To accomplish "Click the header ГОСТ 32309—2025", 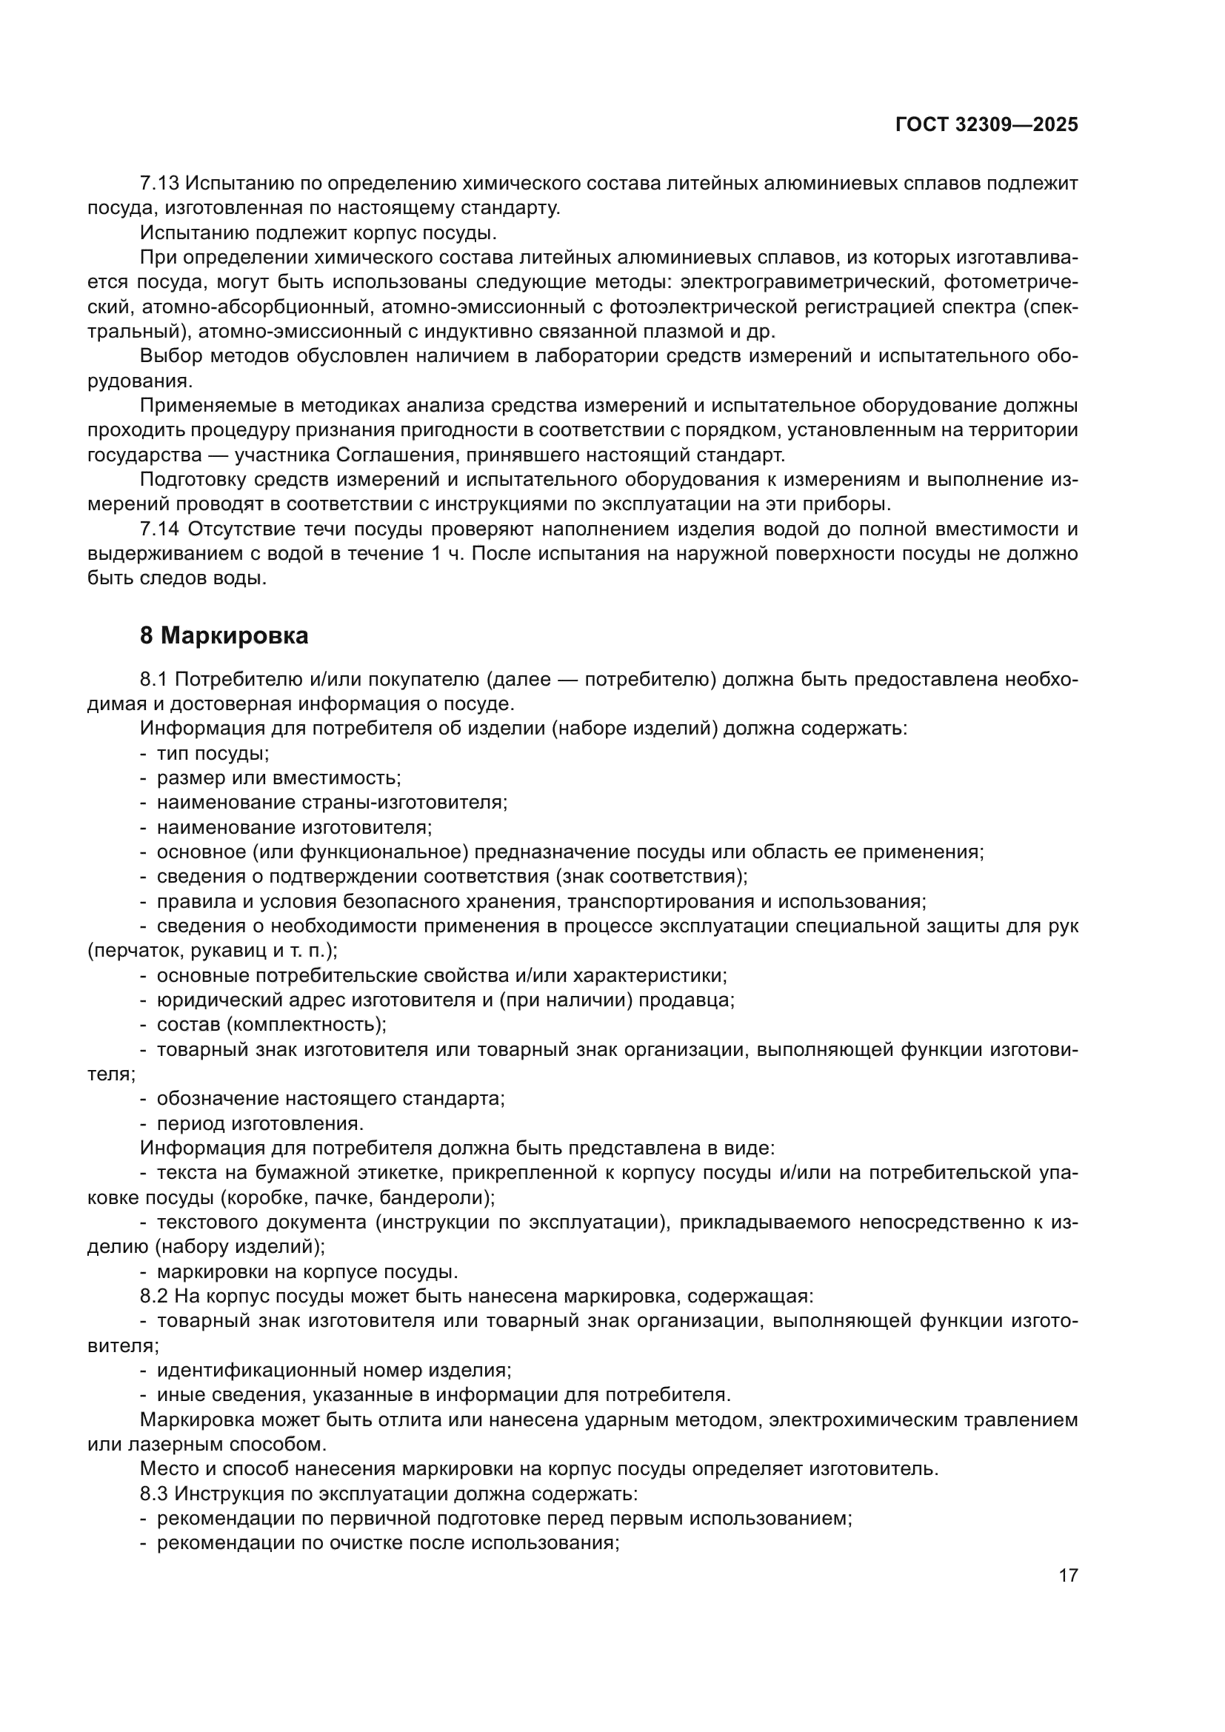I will (987, 125).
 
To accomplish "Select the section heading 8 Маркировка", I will (224, 636).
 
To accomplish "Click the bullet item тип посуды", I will (213, 753).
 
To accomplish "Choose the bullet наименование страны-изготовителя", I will (332, 802).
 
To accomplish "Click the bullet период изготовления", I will (260, 1123).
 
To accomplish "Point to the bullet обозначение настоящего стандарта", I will (330, 1098).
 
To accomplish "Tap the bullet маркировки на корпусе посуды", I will (307, 1272).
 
